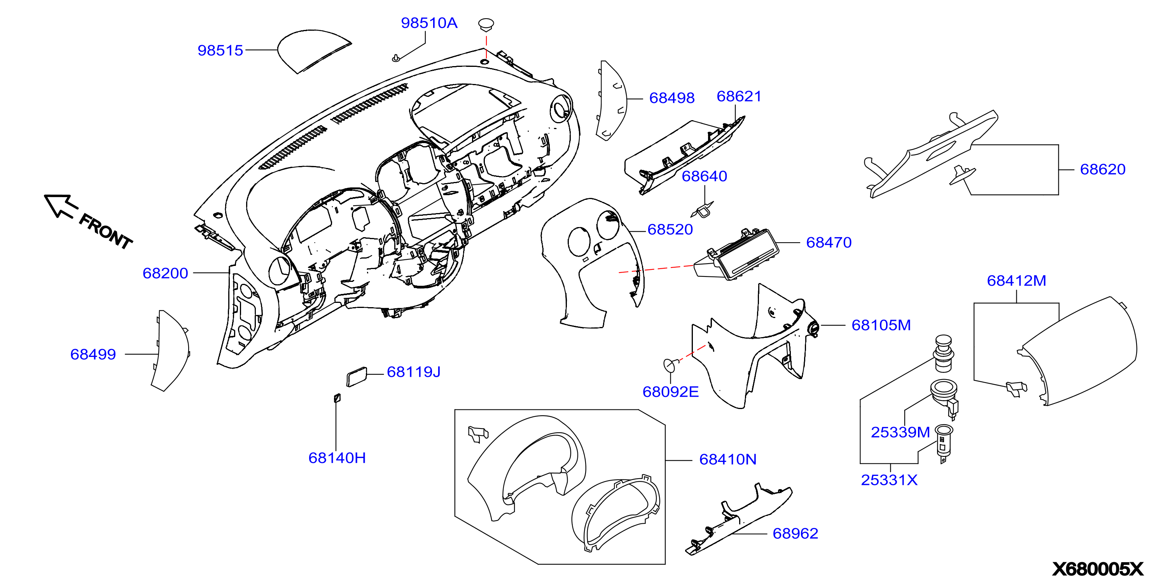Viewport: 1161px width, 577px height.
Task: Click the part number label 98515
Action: click(x=220, y=50)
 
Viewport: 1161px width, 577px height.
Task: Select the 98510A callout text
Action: click(x=429, y=23)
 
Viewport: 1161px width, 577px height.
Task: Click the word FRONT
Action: click(x=106, y=231)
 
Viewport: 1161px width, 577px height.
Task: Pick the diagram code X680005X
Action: click(x=1098, y=568)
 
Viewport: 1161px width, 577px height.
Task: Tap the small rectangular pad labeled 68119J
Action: click(x=357, y=377)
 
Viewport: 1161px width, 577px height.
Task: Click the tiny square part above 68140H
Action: click(x=337, y=398)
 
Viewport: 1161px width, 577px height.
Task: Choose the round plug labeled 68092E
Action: click(x=670, y=364)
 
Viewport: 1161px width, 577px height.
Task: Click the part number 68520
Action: click(x=670, y=229)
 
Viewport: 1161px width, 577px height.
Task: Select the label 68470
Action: click(x=829, y=243)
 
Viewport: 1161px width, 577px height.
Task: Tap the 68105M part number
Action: click(x=881, y=325)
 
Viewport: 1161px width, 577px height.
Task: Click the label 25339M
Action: click(x=900, y=432)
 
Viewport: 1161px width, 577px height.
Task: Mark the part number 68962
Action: click(x=796, y=533)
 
